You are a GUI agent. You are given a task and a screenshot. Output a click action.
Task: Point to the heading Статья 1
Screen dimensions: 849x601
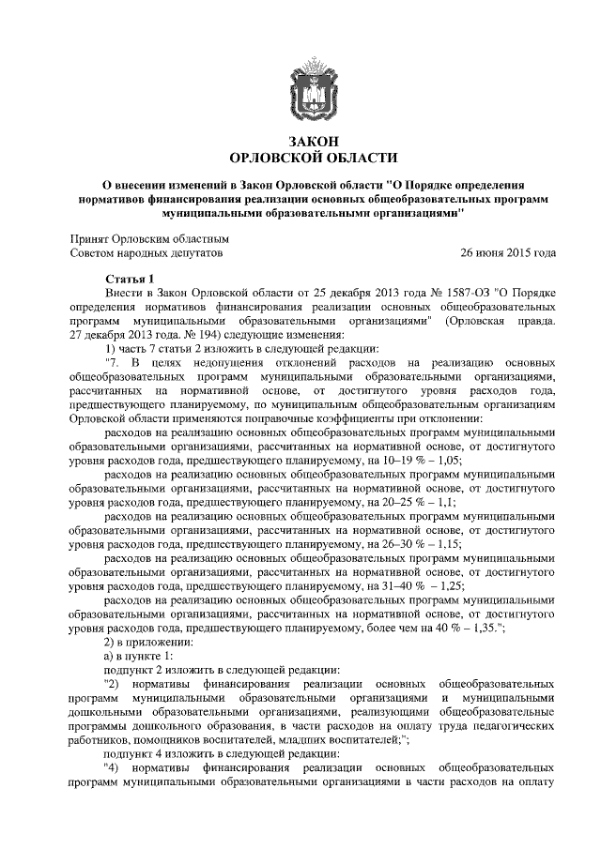tap(127, 280)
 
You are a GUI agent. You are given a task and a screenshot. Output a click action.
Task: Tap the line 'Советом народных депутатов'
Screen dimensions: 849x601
tap(147, 253)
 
